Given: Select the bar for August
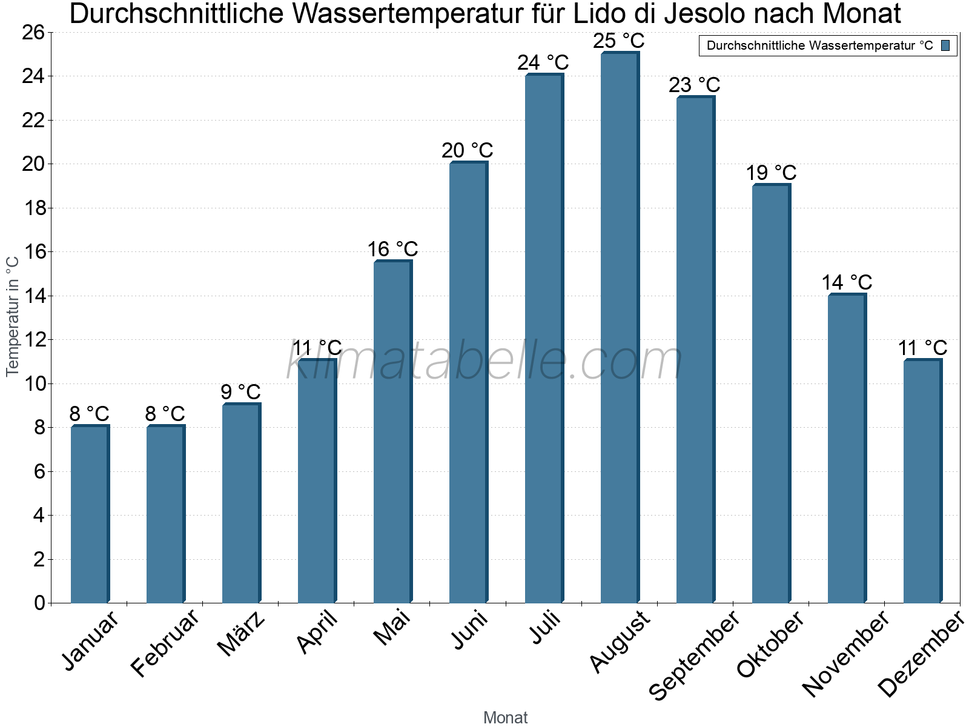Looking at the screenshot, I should pos(619,327).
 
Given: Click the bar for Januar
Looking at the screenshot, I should pos(89,515).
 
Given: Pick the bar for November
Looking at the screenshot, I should pos(846,448).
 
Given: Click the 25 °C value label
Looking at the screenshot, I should pos(619,41).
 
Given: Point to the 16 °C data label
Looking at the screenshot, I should pos(392,249).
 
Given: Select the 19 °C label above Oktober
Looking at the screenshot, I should pos(771,173).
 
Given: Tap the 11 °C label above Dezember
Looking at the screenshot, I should pos(922,348).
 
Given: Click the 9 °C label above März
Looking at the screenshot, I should pos(240,392).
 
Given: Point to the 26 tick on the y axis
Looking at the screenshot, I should pos(33,32).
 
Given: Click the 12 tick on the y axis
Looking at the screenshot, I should pos(33,340).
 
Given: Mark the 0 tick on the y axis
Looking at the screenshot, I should pos(39,603).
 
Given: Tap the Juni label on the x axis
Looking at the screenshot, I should pos(469,630).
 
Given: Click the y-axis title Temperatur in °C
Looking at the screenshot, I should pos(13,316).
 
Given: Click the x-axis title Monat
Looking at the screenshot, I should pos(505,717).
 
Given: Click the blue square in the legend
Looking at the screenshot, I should pos(945,45).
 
